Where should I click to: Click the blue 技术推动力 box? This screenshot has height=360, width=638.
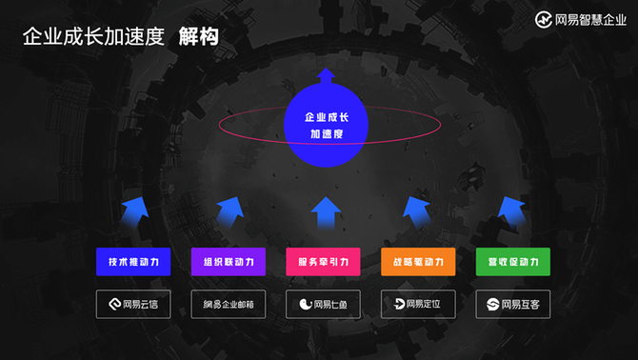[x=133, y=262]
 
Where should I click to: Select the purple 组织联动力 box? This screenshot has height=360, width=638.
[x=229, y=262]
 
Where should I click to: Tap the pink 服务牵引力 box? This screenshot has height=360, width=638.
[x=323, y=262]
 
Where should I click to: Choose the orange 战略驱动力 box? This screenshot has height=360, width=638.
[x=418, y=262]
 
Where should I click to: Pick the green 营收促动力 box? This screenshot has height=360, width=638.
[x=513, y=262]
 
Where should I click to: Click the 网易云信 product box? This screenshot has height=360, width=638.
[x=133, y=304]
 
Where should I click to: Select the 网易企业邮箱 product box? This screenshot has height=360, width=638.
[x=229, y=304]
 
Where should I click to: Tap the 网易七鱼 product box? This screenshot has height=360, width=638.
[x=323, y=304]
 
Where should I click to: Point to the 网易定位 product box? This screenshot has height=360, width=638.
[x=418, y=304]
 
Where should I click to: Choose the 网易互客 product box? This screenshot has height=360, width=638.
[x=513, y=304]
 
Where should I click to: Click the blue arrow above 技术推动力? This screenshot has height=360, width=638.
[x=135, y=211]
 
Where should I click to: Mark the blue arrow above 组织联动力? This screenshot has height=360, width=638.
[x=230, y=211]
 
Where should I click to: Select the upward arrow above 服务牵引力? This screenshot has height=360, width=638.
[x=326, y=212]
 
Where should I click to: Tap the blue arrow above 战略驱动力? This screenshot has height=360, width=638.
[x=417, y=211]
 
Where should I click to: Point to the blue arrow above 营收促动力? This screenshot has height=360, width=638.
[x=512, y=211]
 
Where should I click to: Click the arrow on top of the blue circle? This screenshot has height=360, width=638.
[x=326, y=75]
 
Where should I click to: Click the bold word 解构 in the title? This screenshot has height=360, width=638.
[x=199, y=36]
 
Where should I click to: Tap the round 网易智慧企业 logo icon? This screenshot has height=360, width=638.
[x=543, y=20]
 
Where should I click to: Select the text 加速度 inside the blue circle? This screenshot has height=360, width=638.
[x=327, y=134]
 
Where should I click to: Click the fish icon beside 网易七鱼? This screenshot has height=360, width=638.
[x=305, y=304]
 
